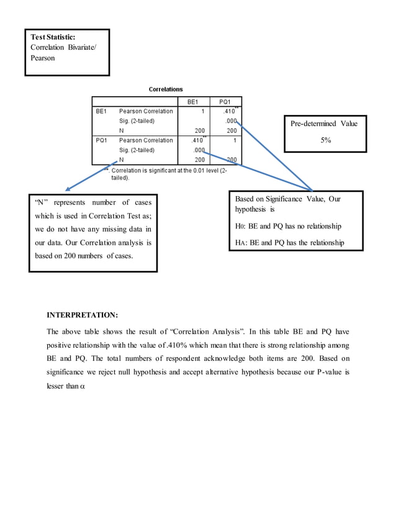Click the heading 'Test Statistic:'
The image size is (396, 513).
tap(53, 37)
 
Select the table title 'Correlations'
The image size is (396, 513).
tap(166, 89)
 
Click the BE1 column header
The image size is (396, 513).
tap(194, 101)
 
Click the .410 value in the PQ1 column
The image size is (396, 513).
tap(229, 111)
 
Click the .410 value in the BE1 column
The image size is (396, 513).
tap(197, 140)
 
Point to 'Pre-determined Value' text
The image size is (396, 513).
tap(325, 124)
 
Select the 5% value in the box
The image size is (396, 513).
tap(325, 140)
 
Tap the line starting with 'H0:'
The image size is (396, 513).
tap(288, 226)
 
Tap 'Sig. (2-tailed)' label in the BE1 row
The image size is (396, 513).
tap(137, 120)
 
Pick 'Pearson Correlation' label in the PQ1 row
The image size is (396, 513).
tap(146, 140)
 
